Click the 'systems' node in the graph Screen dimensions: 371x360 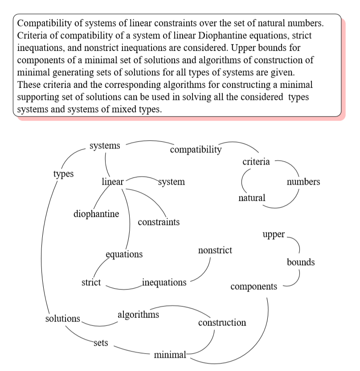tap(105, 146)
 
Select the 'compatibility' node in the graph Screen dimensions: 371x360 tap(196, 150)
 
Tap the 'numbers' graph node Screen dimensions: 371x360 tap(303, 182)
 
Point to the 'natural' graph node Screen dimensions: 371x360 tap(252, 198)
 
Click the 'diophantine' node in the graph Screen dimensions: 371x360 tap(96, 214)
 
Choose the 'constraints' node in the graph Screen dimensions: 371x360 tap(159, 222)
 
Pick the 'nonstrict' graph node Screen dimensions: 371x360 tap(215, 250)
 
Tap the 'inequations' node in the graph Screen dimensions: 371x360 tap(164, 282)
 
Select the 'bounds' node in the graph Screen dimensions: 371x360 tap(301, 262)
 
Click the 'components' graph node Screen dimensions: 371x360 tap(254, 287)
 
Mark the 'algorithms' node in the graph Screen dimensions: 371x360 tap(138, 315)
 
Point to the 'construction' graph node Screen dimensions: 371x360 tap(222, 322)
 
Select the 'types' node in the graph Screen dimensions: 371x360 tap(63, 174)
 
